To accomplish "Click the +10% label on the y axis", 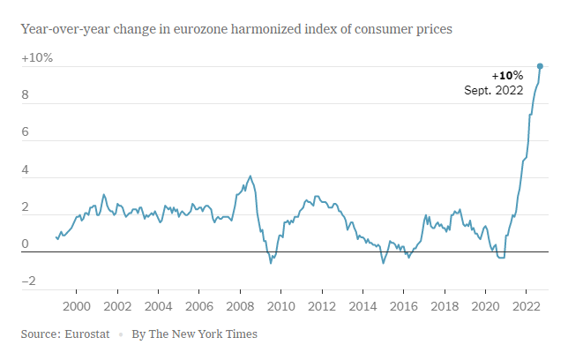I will [37, 58].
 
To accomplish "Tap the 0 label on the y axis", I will [26, 244].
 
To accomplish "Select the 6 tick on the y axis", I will [26, 132].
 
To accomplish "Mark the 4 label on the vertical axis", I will [26, 169].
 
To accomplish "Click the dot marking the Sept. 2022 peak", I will [540, 66].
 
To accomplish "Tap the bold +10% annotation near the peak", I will [507, 75].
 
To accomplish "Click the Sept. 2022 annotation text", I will [494, 90].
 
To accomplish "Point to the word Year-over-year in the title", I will [62, 29].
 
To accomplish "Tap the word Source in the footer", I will [40, 334].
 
